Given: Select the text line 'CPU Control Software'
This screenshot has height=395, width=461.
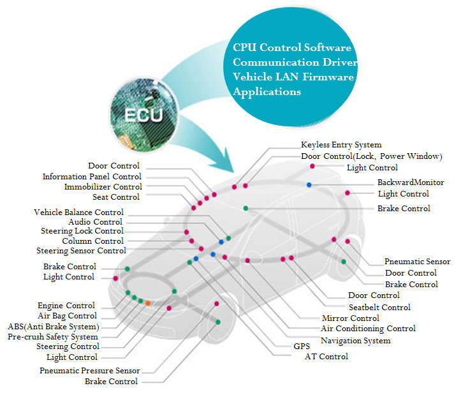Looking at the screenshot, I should (292, 48).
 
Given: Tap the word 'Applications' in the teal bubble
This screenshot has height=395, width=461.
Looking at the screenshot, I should (267, 92).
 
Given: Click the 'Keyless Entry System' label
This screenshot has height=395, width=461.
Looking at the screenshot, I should (341, 145).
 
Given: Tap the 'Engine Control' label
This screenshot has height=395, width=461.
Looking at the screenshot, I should (66, 306).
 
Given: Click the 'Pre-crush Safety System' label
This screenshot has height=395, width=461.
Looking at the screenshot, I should (53, 336).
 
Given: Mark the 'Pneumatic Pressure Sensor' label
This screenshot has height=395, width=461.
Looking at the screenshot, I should (89, 370).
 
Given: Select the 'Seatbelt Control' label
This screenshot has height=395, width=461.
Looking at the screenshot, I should (379, 307).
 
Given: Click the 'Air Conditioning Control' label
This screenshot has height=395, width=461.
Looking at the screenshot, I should (368, 329).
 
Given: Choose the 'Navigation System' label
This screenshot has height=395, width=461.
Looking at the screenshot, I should (356, 341).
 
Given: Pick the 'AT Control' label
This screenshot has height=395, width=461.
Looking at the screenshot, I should (326, 357).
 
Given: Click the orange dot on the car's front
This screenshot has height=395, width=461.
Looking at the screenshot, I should (148, 303).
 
